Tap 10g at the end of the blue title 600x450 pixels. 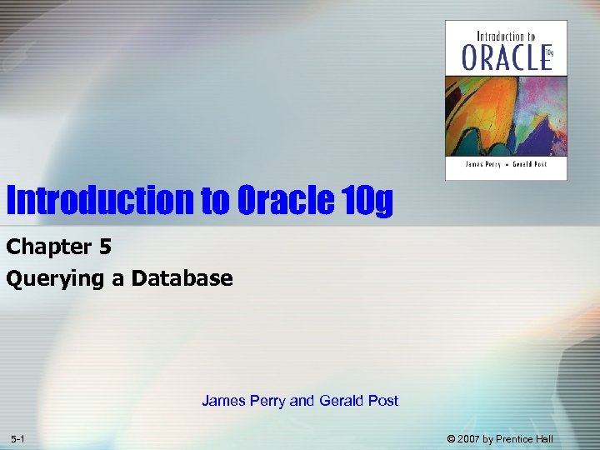pos(367,201)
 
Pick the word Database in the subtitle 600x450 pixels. pos(182,278)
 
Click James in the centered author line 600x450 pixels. pos(222,401)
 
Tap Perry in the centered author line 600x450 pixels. pos(267,401)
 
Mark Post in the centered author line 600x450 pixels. pos(383,401)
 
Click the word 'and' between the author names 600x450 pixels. pos(301,401)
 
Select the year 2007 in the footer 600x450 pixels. pos(471,439)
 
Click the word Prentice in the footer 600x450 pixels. pos(519,439)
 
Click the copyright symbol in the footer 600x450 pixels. pos(451,439)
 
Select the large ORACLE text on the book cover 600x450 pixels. pos(502,57)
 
